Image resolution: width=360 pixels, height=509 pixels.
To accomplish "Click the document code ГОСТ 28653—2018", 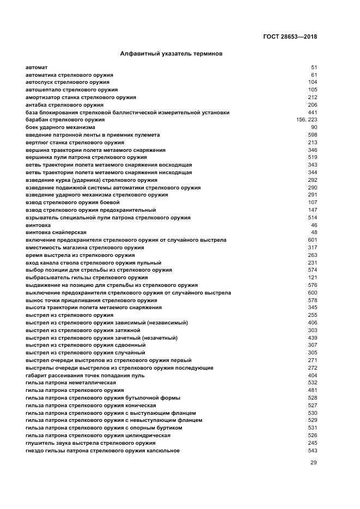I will (289, 37).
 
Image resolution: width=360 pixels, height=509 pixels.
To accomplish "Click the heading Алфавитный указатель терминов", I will (171, 54).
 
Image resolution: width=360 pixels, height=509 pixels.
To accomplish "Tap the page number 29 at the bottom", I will (313, 463).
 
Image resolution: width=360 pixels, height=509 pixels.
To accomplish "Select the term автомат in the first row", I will (36, 67).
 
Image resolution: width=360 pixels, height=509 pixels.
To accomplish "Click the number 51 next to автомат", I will (314, 67).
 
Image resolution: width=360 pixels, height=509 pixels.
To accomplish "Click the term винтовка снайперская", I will (53, 232).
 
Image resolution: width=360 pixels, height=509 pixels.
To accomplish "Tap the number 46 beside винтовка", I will (314, 225).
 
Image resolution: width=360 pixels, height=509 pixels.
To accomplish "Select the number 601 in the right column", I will (313, 240).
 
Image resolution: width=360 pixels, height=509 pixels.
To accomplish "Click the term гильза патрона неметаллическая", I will (70, 383).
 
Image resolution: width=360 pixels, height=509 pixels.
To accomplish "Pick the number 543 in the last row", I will (313, 451).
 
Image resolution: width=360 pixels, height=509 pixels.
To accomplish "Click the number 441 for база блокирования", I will (313, 112).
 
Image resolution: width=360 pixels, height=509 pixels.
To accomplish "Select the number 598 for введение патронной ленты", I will (313, 135).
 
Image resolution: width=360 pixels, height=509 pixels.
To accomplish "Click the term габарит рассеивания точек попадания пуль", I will (84, 376).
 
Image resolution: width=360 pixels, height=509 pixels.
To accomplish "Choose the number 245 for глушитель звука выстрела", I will (313, 443).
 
